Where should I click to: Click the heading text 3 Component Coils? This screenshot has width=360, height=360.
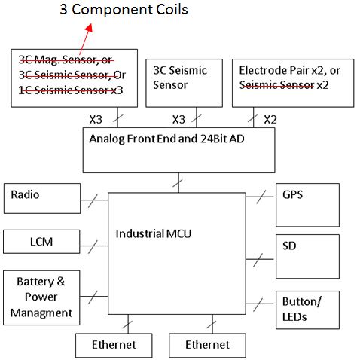(x=124, y=10)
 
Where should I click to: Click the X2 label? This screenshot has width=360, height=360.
(x=270, y=119)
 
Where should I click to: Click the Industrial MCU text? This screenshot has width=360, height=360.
(x=154, y=234)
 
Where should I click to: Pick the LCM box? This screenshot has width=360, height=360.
(x=41, y=243)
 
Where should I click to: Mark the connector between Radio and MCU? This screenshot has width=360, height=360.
(x=93, y=200)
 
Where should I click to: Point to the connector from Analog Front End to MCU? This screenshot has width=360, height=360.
(x=179, y=182)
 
